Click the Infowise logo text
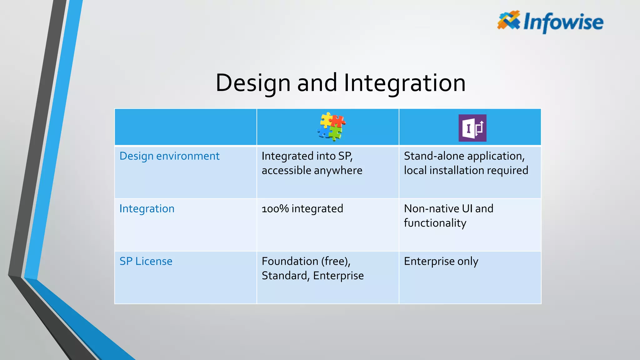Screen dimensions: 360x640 point(563,22)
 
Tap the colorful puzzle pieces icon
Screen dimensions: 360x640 point(331,127)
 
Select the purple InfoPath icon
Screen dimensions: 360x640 point(472,128)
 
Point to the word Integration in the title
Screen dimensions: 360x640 point(405,83)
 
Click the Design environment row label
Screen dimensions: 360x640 point(169,156)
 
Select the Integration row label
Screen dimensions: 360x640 point(147,208)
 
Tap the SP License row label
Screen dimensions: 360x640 point(146,261)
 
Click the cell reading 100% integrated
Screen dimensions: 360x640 point(302,208)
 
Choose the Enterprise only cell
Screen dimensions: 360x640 point(441,261)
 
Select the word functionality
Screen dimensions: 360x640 point(435,223)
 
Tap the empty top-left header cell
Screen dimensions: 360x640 point(186,127)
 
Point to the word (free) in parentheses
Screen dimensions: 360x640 point(335,261)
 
